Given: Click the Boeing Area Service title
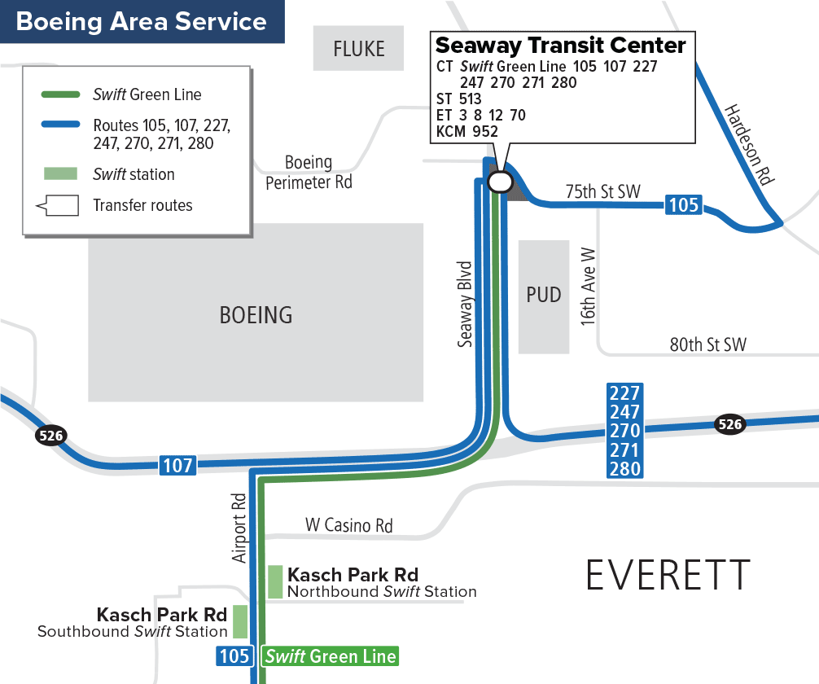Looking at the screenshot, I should coord(142,21).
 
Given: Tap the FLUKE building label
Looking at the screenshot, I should coord(358,49).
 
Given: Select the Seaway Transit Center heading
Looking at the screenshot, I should coord(560,45).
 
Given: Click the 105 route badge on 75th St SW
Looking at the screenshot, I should coord(683,204).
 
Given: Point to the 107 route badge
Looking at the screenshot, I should coord(177,466).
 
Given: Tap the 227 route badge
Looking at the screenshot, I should coord(625,392).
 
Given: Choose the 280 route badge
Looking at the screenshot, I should coord(625,469).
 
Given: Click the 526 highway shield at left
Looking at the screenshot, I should coord(50,436).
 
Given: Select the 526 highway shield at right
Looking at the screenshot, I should coord(730,423).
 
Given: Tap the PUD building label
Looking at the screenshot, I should coord(543,294).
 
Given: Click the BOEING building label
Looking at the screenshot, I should coord(256,314).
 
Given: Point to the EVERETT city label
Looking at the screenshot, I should coord(668,576).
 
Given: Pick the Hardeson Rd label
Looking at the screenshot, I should coord(747,145).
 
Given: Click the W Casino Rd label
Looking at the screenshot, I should coord(348,525).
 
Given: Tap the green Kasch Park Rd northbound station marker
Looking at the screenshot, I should coord(275,582).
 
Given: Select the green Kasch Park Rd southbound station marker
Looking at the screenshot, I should coord(240,621).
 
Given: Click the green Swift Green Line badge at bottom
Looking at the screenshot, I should coord(330,655).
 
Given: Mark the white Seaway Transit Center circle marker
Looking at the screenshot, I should coord(499,182).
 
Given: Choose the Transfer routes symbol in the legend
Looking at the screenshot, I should coord(58,205).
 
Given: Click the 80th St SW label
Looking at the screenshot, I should coord(707,344).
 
